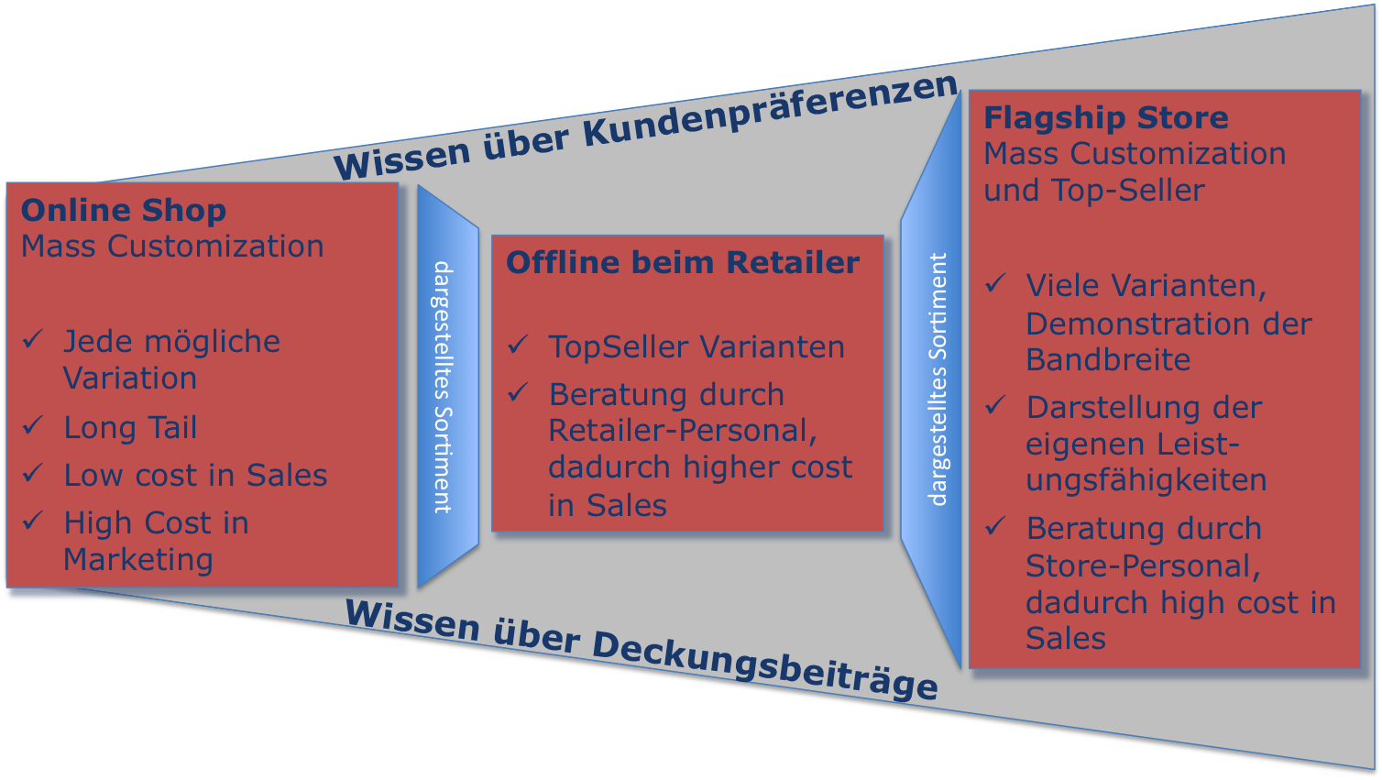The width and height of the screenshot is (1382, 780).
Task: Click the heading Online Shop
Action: pos(124,211)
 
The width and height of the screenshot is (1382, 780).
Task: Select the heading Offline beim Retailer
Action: pos(683,263)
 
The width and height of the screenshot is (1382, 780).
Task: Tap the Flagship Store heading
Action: pos(1105,118)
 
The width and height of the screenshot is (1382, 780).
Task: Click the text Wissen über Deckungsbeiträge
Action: pos(641,650)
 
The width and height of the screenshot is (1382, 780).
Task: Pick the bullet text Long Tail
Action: pos(130,428)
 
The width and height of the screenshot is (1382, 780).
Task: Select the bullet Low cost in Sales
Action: pos(195,476)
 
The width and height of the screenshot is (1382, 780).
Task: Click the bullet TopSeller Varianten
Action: pos(696,347)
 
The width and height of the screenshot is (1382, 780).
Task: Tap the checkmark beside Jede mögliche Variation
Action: pos(33,340)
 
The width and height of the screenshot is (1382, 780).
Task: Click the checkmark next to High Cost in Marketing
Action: pos(33,522)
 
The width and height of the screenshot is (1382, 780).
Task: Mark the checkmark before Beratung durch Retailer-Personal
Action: pos(519,392)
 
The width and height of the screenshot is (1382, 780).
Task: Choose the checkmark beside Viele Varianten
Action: pos(996,284)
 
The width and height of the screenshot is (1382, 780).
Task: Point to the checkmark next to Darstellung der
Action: pos(996,405)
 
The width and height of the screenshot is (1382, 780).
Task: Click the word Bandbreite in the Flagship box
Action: pos(1108,360)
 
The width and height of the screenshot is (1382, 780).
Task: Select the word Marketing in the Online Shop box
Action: pos(138,560)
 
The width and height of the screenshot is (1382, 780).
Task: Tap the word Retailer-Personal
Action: pos(683,431)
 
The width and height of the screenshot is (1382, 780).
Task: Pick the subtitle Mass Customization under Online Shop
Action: pos(172,247)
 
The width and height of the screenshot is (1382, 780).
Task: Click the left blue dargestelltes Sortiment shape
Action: pos(446,386)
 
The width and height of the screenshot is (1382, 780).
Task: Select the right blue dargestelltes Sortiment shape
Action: pos(933,379)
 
